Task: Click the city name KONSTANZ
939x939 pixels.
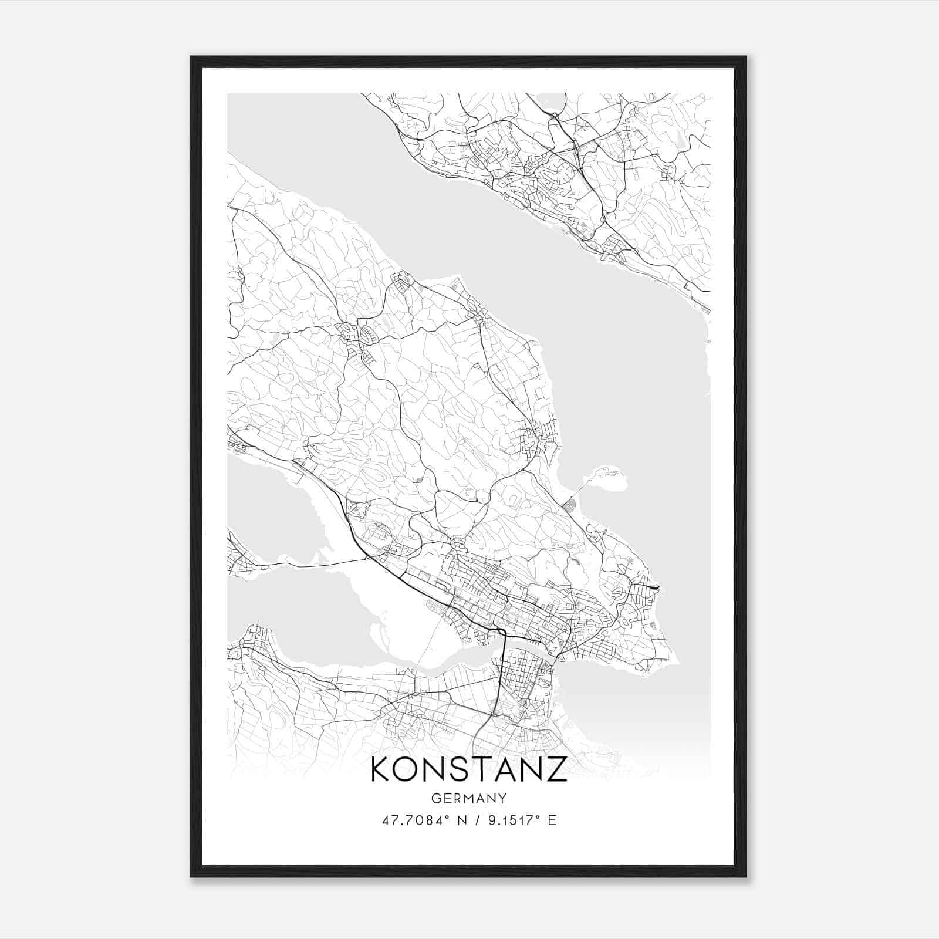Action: (x=469, y=769)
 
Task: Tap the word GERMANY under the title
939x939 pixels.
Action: (x=469, y=798)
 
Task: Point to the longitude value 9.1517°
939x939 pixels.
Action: (x=512, y=820)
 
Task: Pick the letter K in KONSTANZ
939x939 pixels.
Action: (x=381, y=769)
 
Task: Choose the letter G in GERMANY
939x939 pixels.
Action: (x=435, y=798)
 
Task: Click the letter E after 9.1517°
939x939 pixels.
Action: (x=552, y=820)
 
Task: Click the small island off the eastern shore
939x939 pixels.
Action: (x=610, y=478)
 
